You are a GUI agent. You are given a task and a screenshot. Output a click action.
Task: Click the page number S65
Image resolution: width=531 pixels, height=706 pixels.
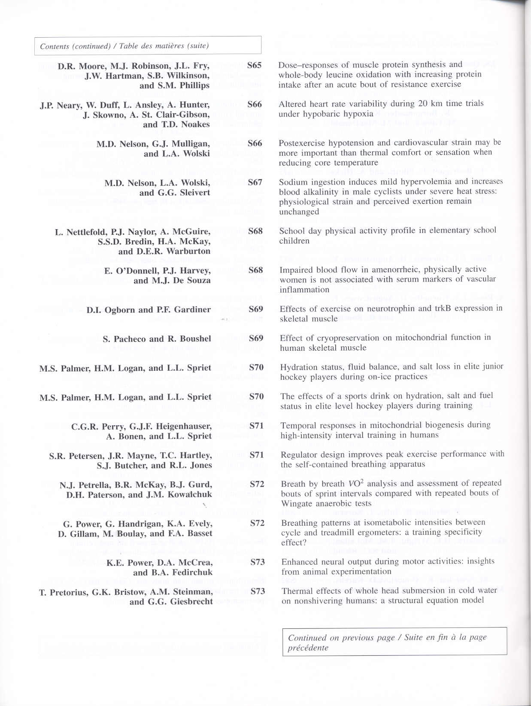tap(254, 66)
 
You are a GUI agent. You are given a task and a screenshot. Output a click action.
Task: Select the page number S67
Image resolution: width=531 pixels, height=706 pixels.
tap(255, 182)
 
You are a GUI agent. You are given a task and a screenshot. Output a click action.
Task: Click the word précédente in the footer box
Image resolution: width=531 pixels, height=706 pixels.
tap(308, 648)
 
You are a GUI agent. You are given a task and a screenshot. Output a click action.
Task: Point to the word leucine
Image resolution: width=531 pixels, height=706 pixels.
tap(337, 75)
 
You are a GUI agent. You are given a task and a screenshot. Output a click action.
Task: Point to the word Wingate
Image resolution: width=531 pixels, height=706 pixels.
tap(297, 503)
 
